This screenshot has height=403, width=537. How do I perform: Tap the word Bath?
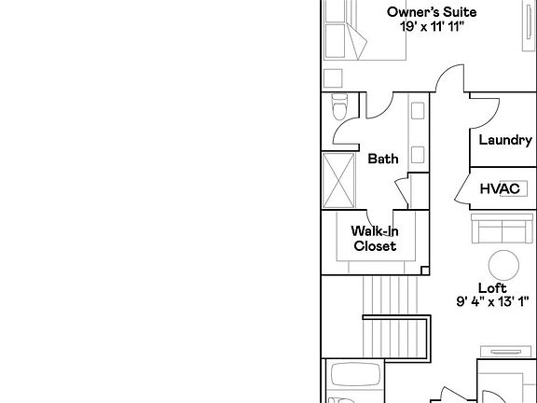click(x=382, y=159)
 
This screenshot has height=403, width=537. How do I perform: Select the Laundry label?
click(x=504, y=141)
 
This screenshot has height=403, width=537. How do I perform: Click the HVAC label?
click(x=499, y=188)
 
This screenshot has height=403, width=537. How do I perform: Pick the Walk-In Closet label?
click(x=374, y=239)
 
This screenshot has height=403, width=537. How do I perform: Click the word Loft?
click(x=492, y=287)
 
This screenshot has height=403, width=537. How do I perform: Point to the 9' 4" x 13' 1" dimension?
click(x=492, y=301)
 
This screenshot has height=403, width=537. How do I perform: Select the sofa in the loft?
click(x=503, y=227)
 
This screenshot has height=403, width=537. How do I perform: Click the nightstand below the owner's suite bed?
click(x=333, y=76)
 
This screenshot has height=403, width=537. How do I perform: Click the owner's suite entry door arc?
click(x=450, y=76)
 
